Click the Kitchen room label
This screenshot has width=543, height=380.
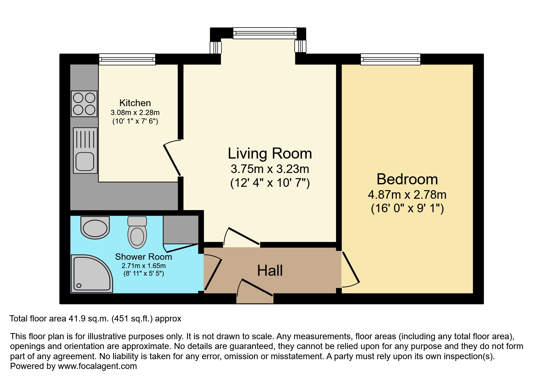[135, 103]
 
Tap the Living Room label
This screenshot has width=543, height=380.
[270, 153]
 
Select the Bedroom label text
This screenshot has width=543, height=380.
[407, 179]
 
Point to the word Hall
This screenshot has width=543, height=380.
[270, 271]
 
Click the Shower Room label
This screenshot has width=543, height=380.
[143, 257]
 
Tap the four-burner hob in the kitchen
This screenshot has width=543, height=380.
[84, 104]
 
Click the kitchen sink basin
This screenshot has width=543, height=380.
[85, 161]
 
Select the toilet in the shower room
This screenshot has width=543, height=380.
[137, 232]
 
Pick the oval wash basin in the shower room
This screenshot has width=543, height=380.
[95, 228]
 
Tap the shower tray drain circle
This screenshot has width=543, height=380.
[79, 286]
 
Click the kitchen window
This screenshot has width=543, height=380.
[127, 59]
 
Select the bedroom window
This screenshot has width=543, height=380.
[390, 59]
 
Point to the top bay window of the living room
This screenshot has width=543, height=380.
[265, 33]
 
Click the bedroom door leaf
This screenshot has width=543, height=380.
[351, 267]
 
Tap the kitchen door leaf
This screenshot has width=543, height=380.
[172, 160]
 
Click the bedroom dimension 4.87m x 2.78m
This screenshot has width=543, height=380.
[407, 195]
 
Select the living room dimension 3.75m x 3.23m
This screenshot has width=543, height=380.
[270, 169]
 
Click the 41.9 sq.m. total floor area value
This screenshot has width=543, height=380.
[89, 319]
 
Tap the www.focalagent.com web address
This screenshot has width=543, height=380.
[97, 366]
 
